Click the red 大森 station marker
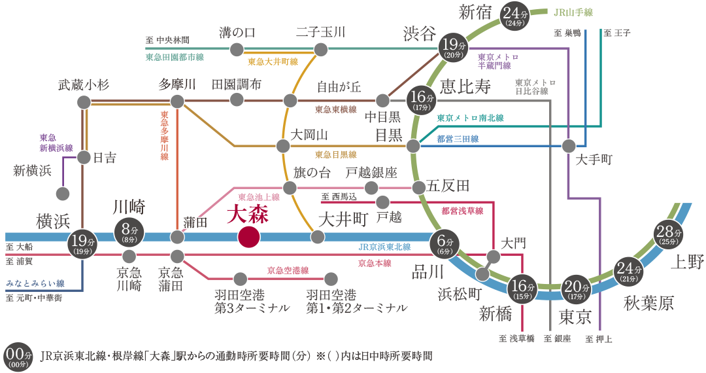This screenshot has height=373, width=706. point(248,237)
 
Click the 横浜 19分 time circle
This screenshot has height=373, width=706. point(82,243)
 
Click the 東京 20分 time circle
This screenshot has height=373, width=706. point(576,289)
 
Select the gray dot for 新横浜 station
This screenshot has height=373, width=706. point(63,194)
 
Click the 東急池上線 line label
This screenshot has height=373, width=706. point(259,196)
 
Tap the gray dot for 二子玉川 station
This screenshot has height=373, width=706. point(320,50)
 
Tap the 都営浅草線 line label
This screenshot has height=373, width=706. point(462,211)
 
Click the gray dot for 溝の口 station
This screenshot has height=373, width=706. point(237,50)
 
